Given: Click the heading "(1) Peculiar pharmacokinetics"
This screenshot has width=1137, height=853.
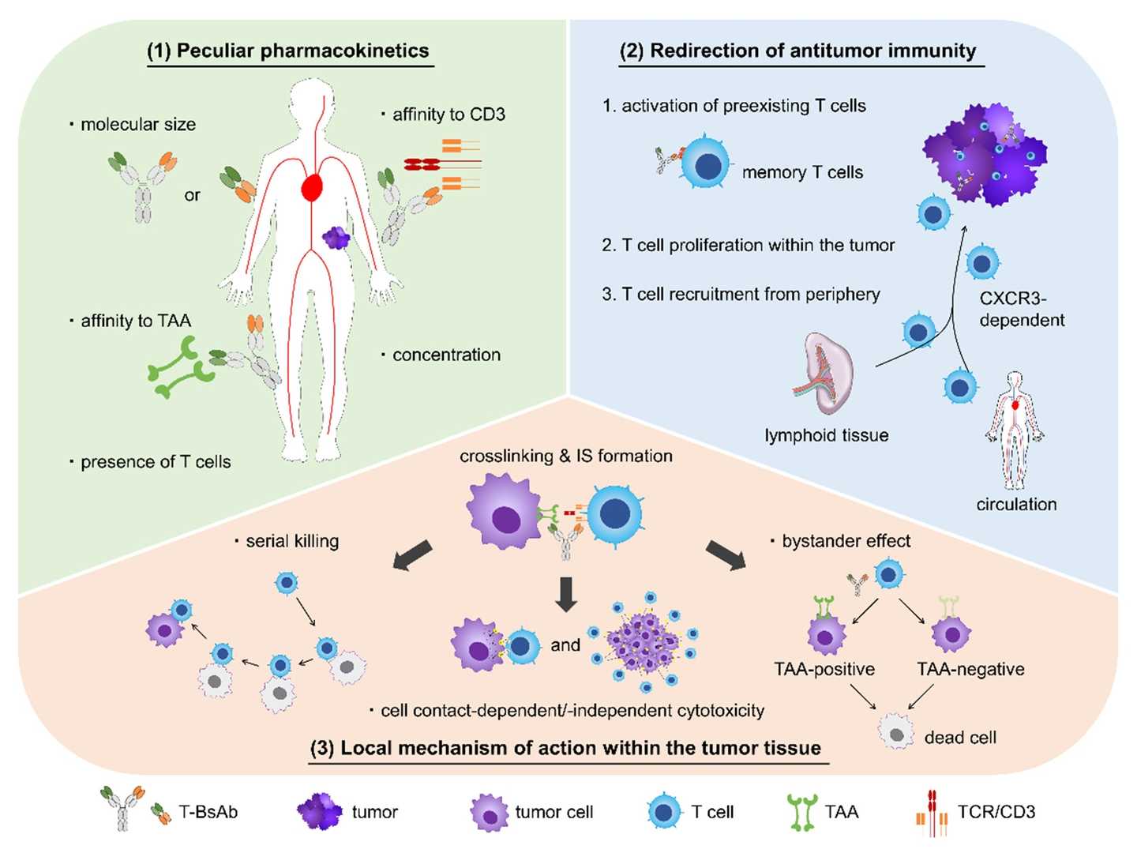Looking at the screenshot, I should [x=288, y=51].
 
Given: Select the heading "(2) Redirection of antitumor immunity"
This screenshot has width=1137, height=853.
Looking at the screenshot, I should [x=797, y=51].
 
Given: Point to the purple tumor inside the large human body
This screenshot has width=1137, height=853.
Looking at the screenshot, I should [x=336, y=237].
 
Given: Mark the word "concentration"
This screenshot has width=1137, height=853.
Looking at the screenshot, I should [x=446, y=355].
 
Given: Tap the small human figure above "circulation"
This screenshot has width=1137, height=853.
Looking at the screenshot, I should [x=1015, y=430].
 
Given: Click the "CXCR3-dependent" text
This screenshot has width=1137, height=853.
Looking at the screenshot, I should [x=1022, y=310].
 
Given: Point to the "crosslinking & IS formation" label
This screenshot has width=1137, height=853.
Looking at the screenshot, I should [x=566, y=457].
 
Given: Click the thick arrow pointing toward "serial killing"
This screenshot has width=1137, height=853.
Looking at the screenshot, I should [x=413, y=554].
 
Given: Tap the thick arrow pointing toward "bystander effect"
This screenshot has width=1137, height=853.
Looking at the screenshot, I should [x=725, y=554].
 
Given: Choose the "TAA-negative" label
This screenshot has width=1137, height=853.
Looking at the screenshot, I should [x=970, y=670].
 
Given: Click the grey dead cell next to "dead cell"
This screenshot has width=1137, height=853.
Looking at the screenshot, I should [x=896, y=732].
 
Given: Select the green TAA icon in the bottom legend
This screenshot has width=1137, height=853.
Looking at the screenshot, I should [x=801, y=813].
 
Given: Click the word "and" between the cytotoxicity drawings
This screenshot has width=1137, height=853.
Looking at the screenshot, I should [x=565, y=645].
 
